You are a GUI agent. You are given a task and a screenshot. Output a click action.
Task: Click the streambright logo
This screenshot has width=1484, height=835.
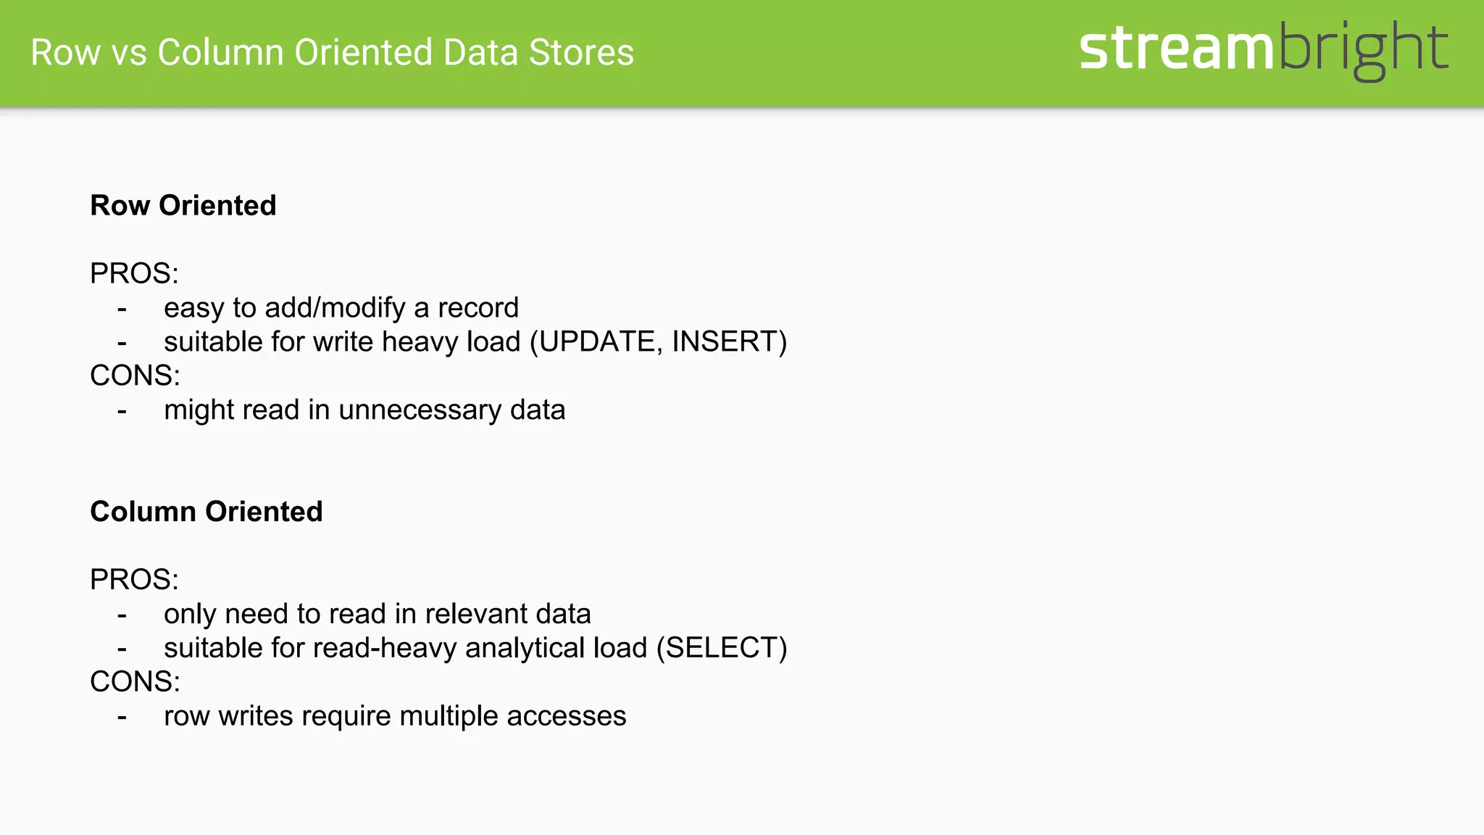(1263, 49)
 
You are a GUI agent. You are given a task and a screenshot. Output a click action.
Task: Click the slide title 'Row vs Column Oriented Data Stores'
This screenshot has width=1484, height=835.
(332, 53)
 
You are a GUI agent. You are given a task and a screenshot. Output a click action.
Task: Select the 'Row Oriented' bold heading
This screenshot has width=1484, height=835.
(183, 206)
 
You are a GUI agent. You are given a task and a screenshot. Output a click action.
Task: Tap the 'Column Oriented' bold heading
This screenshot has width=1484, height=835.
(207, 512)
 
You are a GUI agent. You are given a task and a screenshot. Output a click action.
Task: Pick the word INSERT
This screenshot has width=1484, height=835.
(724, 342)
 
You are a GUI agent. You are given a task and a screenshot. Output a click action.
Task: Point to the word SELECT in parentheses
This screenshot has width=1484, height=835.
(721, 648)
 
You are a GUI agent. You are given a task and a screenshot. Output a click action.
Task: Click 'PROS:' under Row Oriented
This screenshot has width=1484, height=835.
(134, 274)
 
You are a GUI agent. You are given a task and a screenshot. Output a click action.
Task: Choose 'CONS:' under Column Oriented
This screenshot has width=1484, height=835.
(135, 682)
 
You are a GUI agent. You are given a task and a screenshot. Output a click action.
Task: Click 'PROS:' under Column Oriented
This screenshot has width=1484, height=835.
(134, 580)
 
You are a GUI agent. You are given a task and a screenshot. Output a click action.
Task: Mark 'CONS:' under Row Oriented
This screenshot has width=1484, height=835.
(135, 376)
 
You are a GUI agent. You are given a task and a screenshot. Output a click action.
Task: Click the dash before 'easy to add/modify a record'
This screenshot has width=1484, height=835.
(122, 310)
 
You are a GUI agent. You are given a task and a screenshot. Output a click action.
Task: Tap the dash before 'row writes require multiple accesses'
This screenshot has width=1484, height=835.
(122, 718)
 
